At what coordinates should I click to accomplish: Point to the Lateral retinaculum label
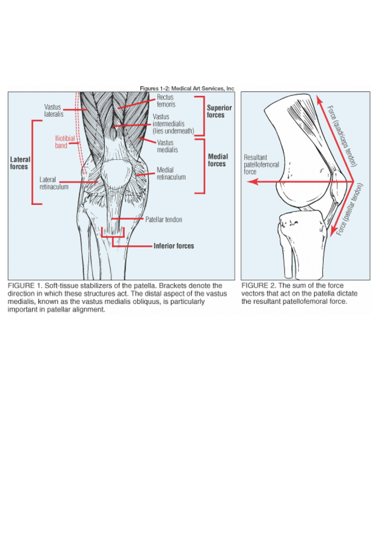tap(54, 183)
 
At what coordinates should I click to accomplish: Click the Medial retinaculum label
tap(171, 173)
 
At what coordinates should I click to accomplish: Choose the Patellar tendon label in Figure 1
tap(164, 219)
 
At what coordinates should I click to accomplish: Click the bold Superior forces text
tap(219, 111)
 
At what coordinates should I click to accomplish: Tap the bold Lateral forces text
tap(20, 163)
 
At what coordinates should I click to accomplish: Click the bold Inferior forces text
tap(174, 246)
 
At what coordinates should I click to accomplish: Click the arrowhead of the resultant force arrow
tap(251, 182)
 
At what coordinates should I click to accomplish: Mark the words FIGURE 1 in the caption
tap(24, 286)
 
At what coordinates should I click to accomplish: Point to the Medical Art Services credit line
tap(187, 88)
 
